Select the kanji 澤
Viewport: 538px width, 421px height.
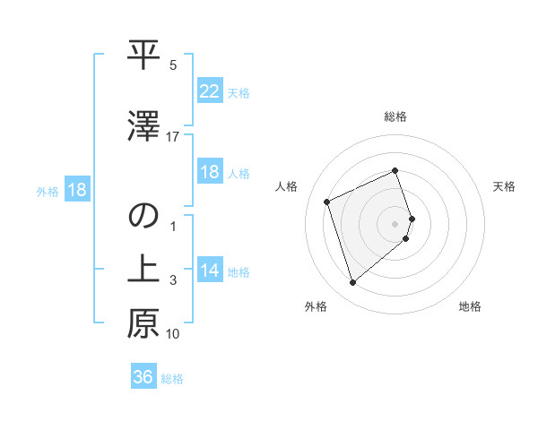[143, 125]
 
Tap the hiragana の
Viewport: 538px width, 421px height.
[143, 217]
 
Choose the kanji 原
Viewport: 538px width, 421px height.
[143, 323]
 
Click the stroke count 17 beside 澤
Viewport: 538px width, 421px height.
[173, 137]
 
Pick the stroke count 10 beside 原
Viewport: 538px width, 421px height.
[173, 334]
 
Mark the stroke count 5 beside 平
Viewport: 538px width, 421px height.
[173, 65]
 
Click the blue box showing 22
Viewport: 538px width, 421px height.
[209, 90]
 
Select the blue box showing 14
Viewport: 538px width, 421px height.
[209, 271]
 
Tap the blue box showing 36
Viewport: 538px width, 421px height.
[143, 377]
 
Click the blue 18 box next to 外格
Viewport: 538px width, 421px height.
[76, 190]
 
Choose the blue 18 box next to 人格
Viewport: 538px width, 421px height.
[209, 172]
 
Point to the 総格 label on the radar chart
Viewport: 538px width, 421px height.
[395, 116]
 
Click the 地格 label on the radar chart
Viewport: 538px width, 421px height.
[470, 306]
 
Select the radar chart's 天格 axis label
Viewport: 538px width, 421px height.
[504, 186]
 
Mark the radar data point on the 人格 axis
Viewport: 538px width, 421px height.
[327, 201]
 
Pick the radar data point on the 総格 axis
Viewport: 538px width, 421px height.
[395, 170]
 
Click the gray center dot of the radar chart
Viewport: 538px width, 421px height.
[395, 223]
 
